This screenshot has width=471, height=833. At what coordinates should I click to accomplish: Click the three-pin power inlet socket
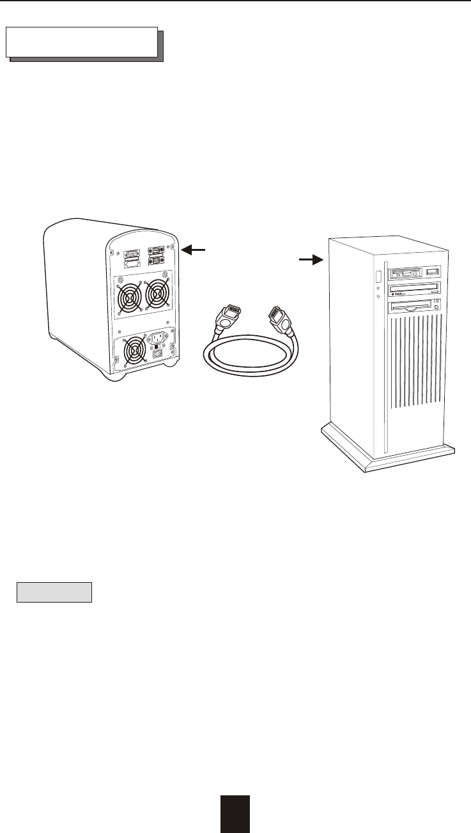pos(159,336)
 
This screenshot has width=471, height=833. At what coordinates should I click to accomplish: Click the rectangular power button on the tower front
pos(378,278)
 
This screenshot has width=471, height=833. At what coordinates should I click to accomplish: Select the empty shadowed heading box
pos(82,42)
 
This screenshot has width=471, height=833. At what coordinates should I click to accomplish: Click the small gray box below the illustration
pos(54,592)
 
